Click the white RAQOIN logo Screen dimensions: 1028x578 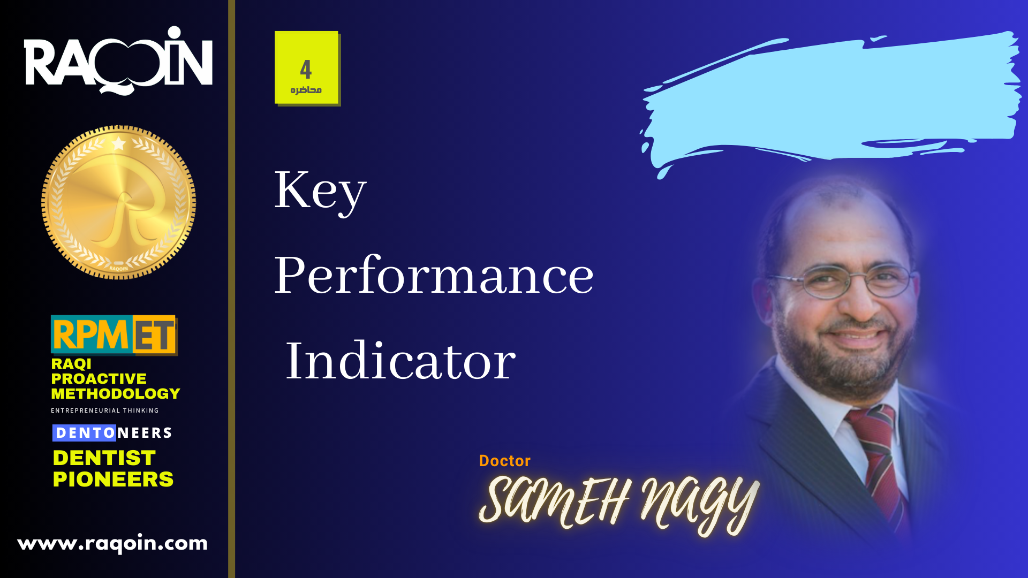[118, 60]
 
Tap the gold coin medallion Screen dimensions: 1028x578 [118, 202]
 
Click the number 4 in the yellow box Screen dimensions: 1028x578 [306, 69]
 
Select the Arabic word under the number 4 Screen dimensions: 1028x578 [306, 90]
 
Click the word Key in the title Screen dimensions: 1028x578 [320, 191]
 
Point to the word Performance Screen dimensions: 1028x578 [434, 276]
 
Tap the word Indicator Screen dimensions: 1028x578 [400, 361]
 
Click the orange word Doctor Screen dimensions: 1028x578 [504, 461]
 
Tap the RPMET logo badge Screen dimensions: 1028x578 [114, 335]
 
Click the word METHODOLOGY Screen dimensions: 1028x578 [116, 394]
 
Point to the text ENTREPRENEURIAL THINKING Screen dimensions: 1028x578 [105, 410]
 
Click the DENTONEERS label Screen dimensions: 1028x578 [112, 432]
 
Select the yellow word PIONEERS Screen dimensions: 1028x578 [113, 480]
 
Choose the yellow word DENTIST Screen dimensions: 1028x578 [104, 458]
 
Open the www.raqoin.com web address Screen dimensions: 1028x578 [112, 543]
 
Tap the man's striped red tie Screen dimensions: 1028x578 [878, 471]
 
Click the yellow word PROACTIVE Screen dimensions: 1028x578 [99, 379]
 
